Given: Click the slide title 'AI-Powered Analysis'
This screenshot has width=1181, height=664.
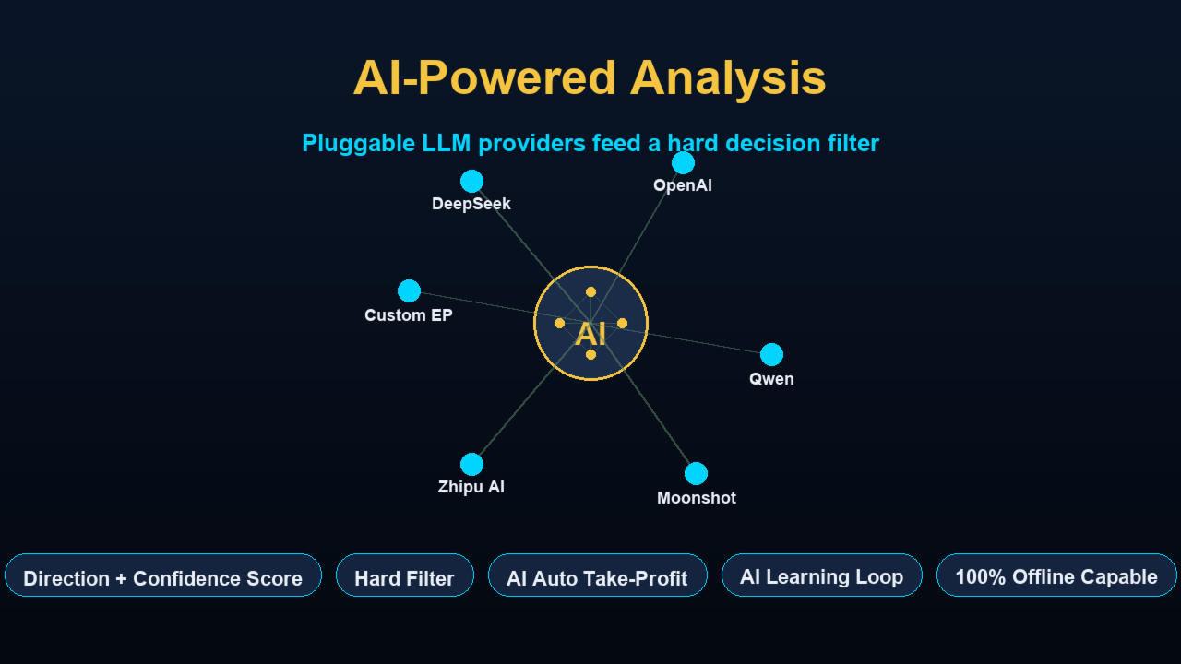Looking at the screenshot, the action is (x=590, y=78).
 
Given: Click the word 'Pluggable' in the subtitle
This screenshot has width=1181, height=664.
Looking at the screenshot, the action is (x=359, y=144).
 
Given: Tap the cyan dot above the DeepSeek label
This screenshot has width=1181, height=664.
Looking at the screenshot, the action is (x=471, y=182).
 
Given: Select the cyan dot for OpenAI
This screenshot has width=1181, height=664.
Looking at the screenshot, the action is (x=684, y=163).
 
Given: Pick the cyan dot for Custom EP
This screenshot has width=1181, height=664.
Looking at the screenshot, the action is (x=409, y=290).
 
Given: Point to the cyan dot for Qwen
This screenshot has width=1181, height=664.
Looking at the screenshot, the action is (x=772, y=355).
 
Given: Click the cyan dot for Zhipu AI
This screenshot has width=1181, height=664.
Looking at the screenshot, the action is (x=471, y=464).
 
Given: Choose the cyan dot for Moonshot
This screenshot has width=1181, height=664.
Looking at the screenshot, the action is (x=696, y=473).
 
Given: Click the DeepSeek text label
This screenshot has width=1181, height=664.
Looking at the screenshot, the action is (x=471, y=204).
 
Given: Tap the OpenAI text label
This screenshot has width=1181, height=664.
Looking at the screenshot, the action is (x=683, y=185).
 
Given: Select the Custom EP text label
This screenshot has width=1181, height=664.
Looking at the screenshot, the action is (x=409, y=315).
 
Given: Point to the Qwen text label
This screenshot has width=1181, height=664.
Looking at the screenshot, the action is (x=771, y=379).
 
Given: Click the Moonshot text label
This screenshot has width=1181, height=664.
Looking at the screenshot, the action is (x=697, y=498).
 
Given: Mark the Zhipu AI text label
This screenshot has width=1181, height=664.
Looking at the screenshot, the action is (x=471, y=487).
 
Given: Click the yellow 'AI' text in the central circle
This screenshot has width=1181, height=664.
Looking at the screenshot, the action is (x=590, y=335).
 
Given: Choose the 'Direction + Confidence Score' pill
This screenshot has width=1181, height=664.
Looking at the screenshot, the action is (x=163, y=575).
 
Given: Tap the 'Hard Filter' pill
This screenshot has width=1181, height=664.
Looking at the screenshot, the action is (x=405, y=575).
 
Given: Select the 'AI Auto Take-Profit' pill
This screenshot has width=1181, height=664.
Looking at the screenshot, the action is (x=597, y=575).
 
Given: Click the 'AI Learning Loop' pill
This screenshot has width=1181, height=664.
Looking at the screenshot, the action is (x=821, y=575).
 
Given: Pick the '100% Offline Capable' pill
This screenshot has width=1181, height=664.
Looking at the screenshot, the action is (x=1056, y=575).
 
